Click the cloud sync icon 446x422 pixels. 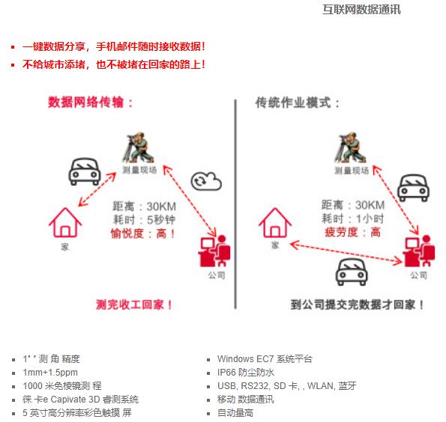(206, 181)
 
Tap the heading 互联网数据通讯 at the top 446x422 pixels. (361, 10)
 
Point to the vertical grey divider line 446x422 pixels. (235, 204)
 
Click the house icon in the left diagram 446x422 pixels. (65, 222)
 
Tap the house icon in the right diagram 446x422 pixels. (275, 222)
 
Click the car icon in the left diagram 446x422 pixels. (85, 171)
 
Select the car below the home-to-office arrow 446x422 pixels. (352, 272)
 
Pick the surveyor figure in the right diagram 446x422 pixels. (351, 147)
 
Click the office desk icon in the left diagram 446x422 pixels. (214, 251)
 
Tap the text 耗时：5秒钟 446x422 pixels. (144, 220)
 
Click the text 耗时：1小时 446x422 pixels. (353, 218)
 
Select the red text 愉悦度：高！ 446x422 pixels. (142, 233)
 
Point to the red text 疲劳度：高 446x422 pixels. (353, 232)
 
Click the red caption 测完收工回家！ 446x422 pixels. (134, 305)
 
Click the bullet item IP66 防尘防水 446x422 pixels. (246, 373)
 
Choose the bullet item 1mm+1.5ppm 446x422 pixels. (50, 373)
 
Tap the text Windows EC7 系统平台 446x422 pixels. (265, 359)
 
